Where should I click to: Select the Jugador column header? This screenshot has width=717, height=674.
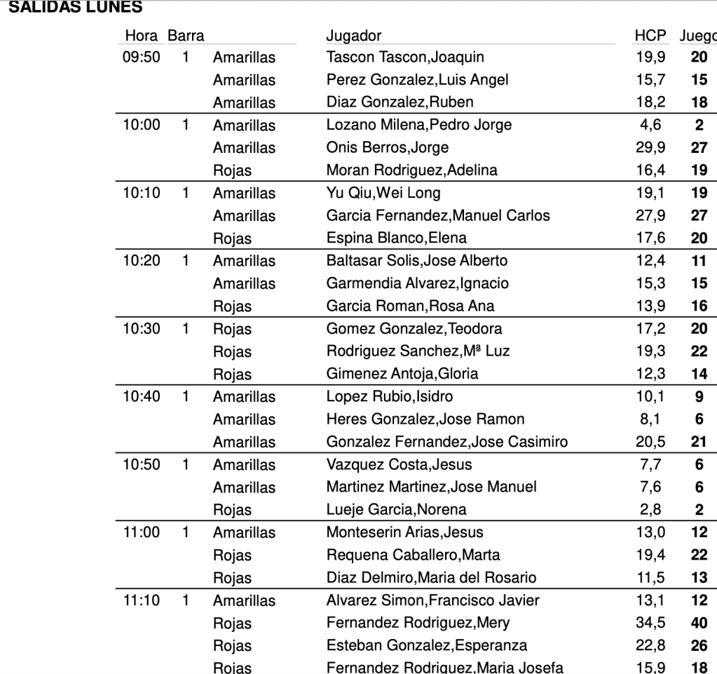point(354,35)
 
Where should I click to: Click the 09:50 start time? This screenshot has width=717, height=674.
point(141,57)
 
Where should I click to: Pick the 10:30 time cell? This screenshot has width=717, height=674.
point(141,328)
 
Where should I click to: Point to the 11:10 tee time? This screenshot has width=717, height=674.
point(141,600)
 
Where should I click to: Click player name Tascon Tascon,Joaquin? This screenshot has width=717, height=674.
point(405,57)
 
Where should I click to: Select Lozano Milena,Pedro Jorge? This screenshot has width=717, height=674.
point(419,126)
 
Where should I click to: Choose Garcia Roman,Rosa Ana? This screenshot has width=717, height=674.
point(410,305)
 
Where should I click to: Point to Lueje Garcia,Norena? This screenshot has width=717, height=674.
point(396,509)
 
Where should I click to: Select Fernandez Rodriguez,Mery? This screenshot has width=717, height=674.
point(418,623)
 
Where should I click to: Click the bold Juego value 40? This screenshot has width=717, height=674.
point(699,623)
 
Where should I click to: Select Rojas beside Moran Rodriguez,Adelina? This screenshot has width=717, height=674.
point(232,170)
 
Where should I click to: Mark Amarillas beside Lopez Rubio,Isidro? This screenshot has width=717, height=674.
point(244,396)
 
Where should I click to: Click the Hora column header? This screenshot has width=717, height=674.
point(140,35)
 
